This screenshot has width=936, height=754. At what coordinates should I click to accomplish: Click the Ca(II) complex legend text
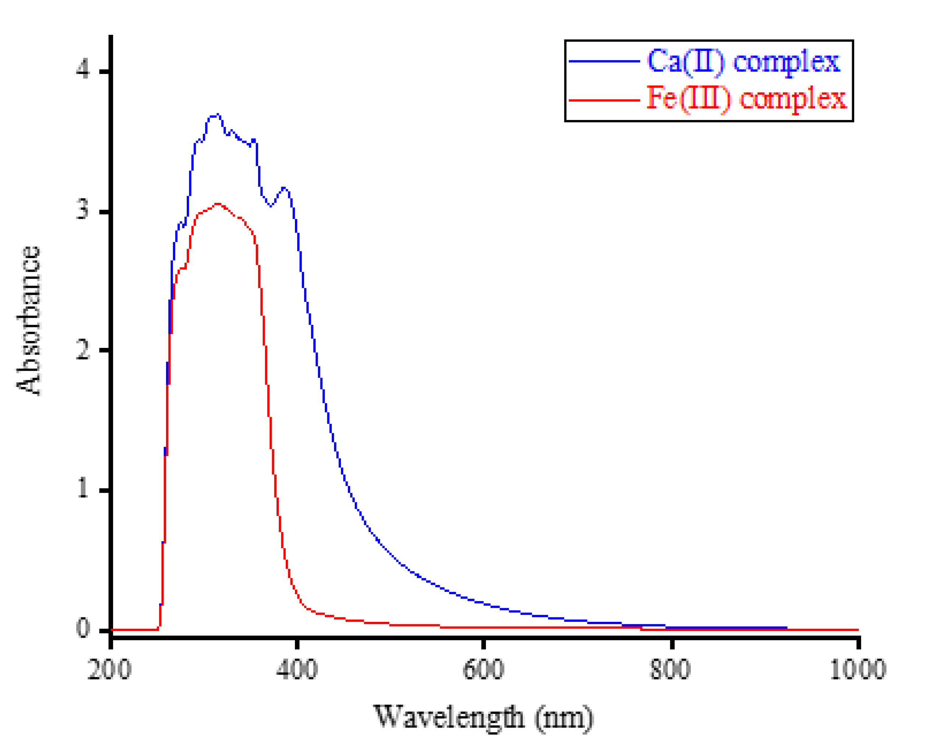[743, 61]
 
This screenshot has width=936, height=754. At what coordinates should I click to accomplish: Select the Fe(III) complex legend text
[747, 99]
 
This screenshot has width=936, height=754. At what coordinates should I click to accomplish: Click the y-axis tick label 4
[82, 70]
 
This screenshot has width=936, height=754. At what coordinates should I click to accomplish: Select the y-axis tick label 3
[82, 210]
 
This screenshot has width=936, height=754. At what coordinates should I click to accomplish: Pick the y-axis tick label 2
[82, 350]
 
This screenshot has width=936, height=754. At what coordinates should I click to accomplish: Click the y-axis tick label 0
[82, 628]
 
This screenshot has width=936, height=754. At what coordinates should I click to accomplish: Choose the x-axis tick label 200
[109, 669]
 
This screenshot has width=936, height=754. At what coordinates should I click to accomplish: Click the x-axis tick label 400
[297, 669]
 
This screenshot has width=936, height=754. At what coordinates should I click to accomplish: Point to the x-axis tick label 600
[483, 669]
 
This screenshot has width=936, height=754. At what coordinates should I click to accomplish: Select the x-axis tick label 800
[670, 669]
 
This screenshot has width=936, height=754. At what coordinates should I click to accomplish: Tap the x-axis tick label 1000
[857, 669]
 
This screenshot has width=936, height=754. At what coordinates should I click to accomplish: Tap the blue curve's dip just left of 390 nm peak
[271, 206]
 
